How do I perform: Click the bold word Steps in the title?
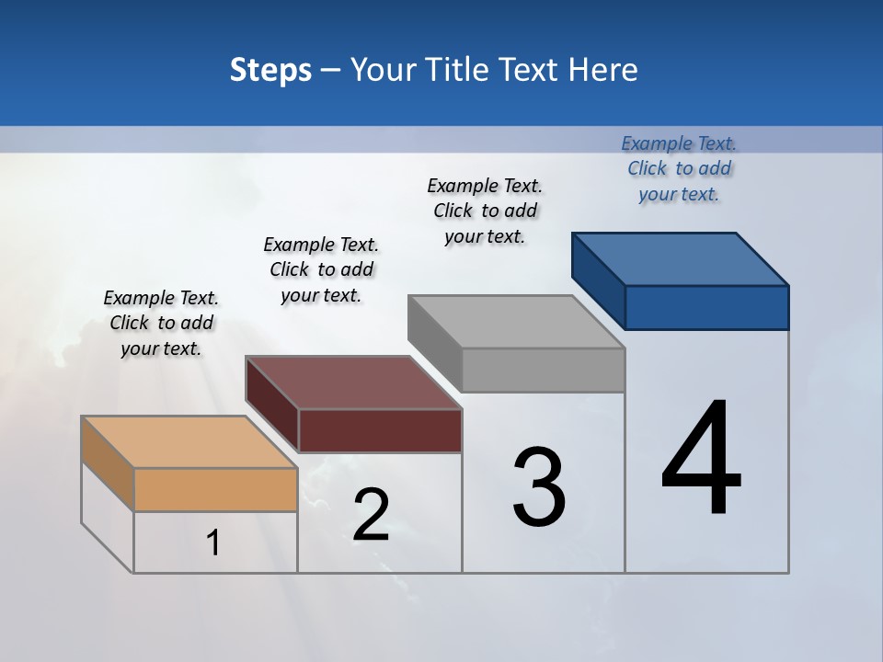[270, 70]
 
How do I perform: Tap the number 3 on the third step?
[538, 487]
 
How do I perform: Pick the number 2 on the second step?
[371, 515]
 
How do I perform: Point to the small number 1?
[213, 542]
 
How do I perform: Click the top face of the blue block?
[681, 259]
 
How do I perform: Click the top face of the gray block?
[517, 322]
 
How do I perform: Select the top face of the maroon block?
[354, 382]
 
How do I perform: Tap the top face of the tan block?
[190, 442]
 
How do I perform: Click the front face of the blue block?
[706, 307]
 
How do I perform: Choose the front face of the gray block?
[543, 370]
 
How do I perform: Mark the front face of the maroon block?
[380, 430]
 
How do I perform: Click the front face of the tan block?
[215, 489]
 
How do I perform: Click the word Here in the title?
[602, 70]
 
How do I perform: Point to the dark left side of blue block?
[598, 280]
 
